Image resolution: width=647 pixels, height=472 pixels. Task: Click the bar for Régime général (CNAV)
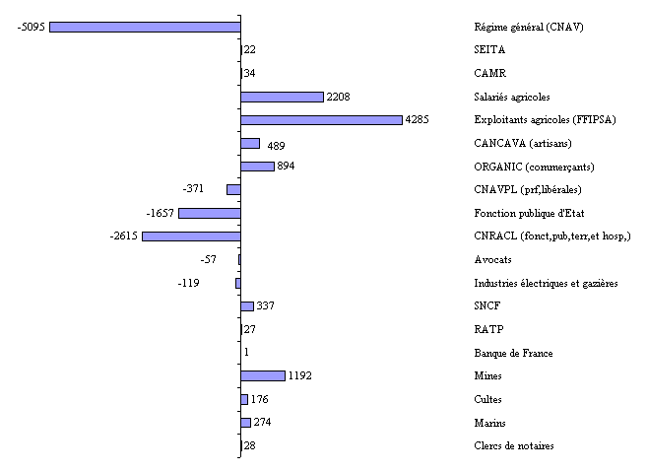(145, 27)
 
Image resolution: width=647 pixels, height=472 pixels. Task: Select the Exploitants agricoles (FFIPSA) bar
(321, 120)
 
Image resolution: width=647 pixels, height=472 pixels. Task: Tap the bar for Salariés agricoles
(283, 97)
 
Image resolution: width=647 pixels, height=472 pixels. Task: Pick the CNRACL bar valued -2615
(191, 236)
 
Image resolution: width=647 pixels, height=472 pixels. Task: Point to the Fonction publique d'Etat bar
(210, 213)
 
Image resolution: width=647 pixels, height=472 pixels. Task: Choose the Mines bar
(263, 375)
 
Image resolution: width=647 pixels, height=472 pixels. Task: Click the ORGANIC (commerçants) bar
(257, 167)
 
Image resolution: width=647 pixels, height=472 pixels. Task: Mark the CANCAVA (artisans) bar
(250, 143)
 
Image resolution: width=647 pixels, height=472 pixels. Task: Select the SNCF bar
(247, 306)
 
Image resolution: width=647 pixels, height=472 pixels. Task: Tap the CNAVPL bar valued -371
(233, 189)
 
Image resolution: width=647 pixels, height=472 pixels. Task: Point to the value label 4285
(418, 120)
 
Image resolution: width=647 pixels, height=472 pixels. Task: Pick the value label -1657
(160, 213)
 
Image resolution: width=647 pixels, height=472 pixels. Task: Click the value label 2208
(338, 97)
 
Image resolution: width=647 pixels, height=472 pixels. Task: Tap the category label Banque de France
(513, 353)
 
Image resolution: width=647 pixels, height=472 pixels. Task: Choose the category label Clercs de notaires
(513, 446)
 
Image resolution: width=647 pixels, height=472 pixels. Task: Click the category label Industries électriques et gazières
(546, 283)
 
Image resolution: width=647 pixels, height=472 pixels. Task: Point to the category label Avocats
(492, 259)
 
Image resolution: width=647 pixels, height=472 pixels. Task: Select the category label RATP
(487, 329)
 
